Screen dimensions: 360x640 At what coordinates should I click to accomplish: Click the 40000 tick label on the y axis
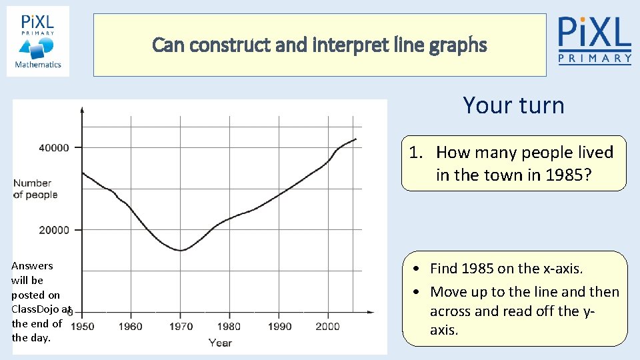click(53, 147)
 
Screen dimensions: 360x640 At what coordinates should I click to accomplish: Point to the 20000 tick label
click(53, 230)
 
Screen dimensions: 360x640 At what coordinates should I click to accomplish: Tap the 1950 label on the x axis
click(83, 327)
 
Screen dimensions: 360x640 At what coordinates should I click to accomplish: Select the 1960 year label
click(131, 327)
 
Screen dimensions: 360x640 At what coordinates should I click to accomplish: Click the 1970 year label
click(180, 327)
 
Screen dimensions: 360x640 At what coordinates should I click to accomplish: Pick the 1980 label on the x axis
click(229, 327)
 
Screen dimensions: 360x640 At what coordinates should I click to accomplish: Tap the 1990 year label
click(279, 327)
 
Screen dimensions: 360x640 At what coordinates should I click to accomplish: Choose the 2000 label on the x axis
click(327, 327)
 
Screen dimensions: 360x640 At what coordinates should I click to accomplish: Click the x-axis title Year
click(220, 343)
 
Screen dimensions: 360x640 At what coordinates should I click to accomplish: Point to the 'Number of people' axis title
click(35, 189)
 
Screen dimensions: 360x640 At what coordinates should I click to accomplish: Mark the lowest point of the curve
click(180, 251)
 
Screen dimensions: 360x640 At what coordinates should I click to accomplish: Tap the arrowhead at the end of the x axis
click(371, 312)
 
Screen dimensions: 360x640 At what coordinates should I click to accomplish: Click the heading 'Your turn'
click(513, 105)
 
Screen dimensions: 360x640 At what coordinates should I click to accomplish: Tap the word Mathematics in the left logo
click(38, 65)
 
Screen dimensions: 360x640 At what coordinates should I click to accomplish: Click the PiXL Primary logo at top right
click(595, 40)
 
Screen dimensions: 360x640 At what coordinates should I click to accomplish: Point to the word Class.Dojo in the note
click(36, 309)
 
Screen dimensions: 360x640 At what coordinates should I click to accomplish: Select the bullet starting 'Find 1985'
click(506, 269)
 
